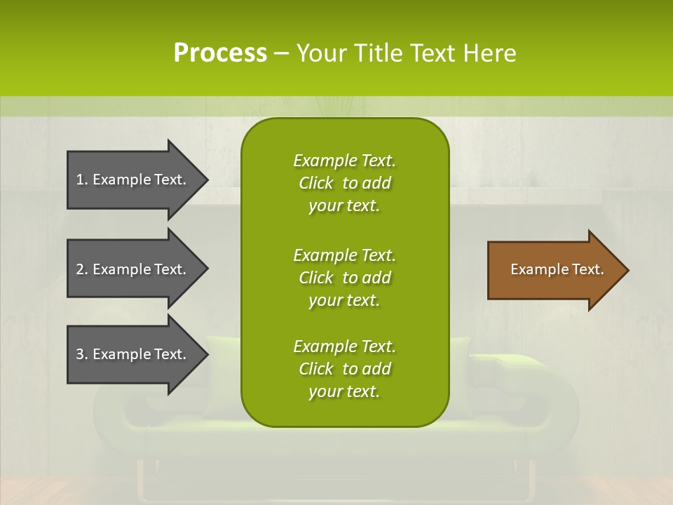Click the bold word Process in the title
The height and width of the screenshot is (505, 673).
pyautogui.click(x=220, y=53)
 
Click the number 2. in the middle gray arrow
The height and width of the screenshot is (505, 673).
pyautogui.click(x=81, y=269)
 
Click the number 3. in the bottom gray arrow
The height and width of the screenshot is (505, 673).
pyautogui.click(x=81, y=354)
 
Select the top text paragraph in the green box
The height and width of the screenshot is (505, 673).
pyautogui.click(x=344, y=183)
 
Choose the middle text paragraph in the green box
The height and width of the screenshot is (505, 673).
pyautogui.click(x=344, y=278)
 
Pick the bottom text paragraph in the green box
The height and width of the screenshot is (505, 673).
pyautogui.click(x=344, y=369)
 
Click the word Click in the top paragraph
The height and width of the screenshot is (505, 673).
pyautogui.click(x=315, y=183)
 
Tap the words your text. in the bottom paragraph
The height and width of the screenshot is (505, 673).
pyautogui.click(x=344, y=391)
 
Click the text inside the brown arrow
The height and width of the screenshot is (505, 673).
pyautogui.click(x=557, y=269)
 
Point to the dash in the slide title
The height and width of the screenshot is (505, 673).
pyautogui.click(x=282, y=54)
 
